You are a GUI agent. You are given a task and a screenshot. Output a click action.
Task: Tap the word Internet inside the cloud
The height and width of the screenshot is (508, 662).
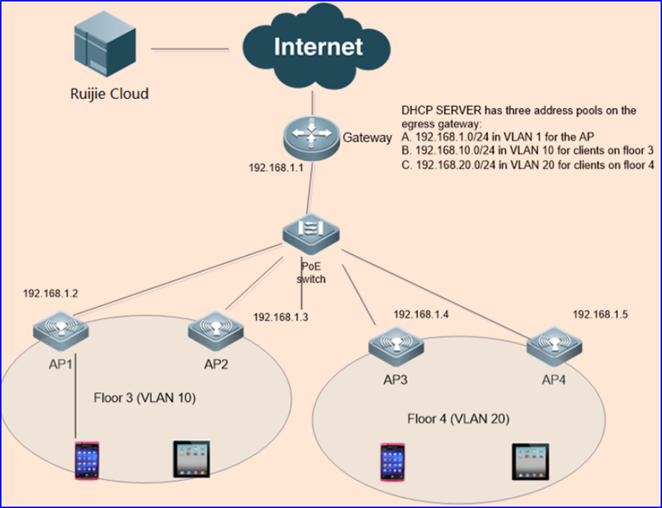click(318, 47)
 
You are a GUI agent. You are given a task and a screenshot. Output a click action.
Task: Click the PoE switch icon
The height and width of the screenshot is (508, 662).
click(311, 234)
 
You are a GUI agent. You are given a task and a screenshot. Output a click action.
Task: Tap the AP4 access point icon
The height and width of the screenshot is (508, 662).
click(554, 347)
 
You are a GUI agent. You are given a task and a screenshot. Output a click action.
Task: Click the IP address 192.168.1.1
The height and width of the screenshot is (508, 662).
click(276, 168)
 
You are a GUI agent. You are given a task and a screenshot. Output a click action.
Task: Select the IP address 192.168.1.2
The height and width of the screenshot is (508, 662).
click(50, 294)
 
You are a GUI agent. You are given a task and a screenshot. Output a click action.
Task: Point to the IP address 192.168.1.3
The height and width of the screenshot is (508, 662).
click(280, 317)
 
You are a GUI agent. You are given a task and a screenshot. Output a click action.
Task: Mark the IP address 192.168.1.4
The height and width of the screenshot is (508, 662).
click(421, 314)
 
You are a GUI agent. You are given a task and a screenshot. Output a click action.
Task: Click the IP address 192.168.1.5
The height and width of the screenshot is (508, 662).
click(600, 314)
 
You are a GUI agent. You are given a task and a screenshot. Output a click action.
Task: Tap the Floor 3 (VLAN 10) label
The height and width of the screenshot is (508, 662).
click(145, 398)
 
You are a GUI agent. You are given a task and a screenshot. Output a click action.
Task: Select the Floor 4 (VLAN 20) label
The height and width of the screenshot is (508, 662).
click(458, 419)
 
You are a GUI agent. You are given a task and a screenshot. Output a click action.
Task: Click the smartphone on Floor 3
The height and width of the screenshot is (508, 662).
click(87, 460)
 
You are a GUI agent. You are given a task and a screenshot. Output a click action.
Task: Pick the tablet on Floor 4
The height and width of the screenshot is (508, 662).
click(531, 461)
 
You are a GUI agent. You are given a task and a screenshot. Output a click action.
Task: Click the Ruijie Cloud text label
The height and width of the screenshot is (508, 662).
click(109, 94)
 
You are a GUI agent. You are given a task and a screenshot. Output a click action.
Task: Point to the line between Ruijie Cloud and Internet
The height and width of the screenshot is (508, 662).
click(190, 49)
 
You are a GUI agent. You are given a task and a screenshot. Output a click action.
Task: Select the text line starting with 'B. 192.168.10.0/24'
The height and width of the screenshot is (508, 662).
click(527, 151)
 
